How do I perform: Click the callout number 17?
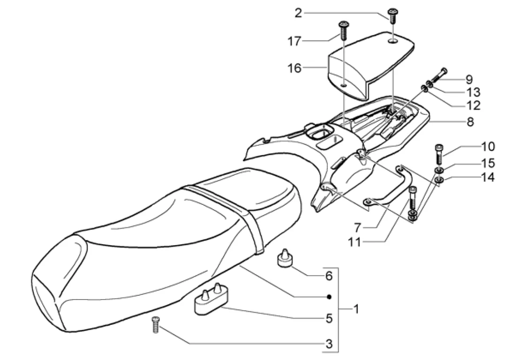(295, 41)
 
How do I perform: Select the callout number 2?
(298, 13)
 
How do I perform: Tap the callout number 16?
(295, 68)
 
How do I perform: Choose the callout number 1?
(356, 309)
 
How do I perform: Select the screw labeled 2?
(391, 15)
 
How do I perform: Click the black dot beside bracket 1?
(329, 297)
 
